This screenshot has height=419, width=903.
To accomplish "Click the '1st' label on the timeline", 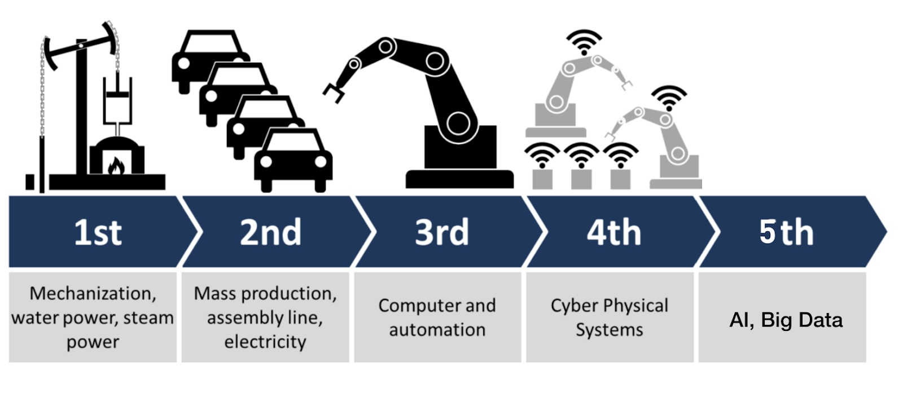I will click(x=98, y=232).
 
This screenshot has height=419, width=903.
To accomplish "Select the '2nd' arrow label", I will click(x=270, y=232).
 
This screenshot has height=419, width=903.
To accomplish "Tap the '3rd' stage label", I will click(x=442, y=232).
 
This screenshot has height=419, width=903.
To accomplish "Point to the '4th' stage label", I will click(x=614, y=232).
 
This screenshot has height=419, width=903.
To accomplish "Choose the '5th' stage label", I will click(x=786, y=232).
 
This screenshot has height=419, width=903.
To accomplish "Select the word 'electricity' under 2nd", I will click(x=265, y=342).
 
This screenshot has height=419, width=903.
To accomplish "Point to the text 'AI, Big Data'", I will click(x=786, y=320).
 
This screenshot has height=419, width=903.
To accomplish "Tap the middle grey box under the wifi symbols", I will click(x=581, y=179).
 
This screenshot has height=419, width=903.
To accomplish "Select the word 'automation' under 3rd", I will click(x=437, y=330).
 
